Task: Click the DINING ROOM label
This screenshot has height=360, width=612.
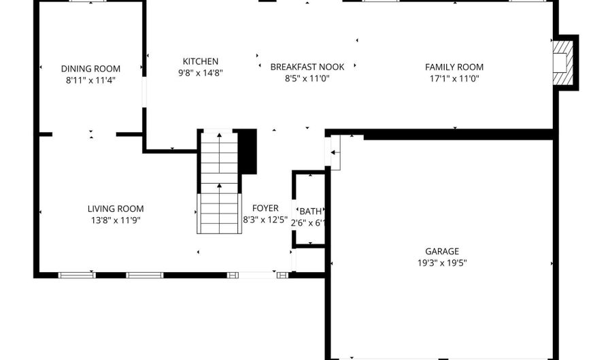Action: point(90,68)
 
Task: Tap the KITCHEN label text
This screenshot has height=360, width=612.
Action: point(201,61)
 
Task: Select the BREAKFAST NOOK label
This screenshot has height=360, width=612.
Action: point(307,67)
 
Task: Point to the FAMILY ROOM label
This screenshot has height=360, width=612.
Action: point(454,67)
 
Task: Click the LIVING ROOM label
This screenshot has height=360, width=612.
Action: point(116,209)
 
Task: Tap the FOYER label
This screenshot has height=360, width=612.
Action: point(265,208)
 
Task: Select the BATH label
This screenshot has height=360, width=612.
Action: point(311,212)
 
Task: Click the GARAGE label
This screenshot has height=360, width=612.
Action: point(442,251)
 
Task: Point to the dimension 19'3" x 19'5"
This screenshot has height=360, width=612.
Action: point(442,262)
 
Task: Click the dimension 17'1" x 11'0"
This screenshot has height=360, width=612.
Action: point(454,78)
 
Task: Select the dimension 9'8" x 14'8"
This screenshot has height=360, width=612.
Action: point(201,73)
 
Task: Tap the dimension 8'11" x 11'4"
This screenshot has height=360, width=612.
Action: point(90,80)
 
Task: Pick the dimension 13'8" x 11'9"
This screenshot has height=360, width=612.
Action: point(116,220)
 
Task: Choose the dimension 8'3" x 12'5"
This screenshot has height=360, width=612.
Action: point(265,220)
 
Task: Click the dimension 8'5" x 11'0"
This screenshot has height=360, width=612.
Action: point(307,78)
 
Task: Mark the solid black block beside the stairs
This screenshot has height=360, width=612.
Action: point(249,151)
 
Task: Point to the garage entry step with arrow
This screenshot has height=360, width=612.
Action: point(335,151)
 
